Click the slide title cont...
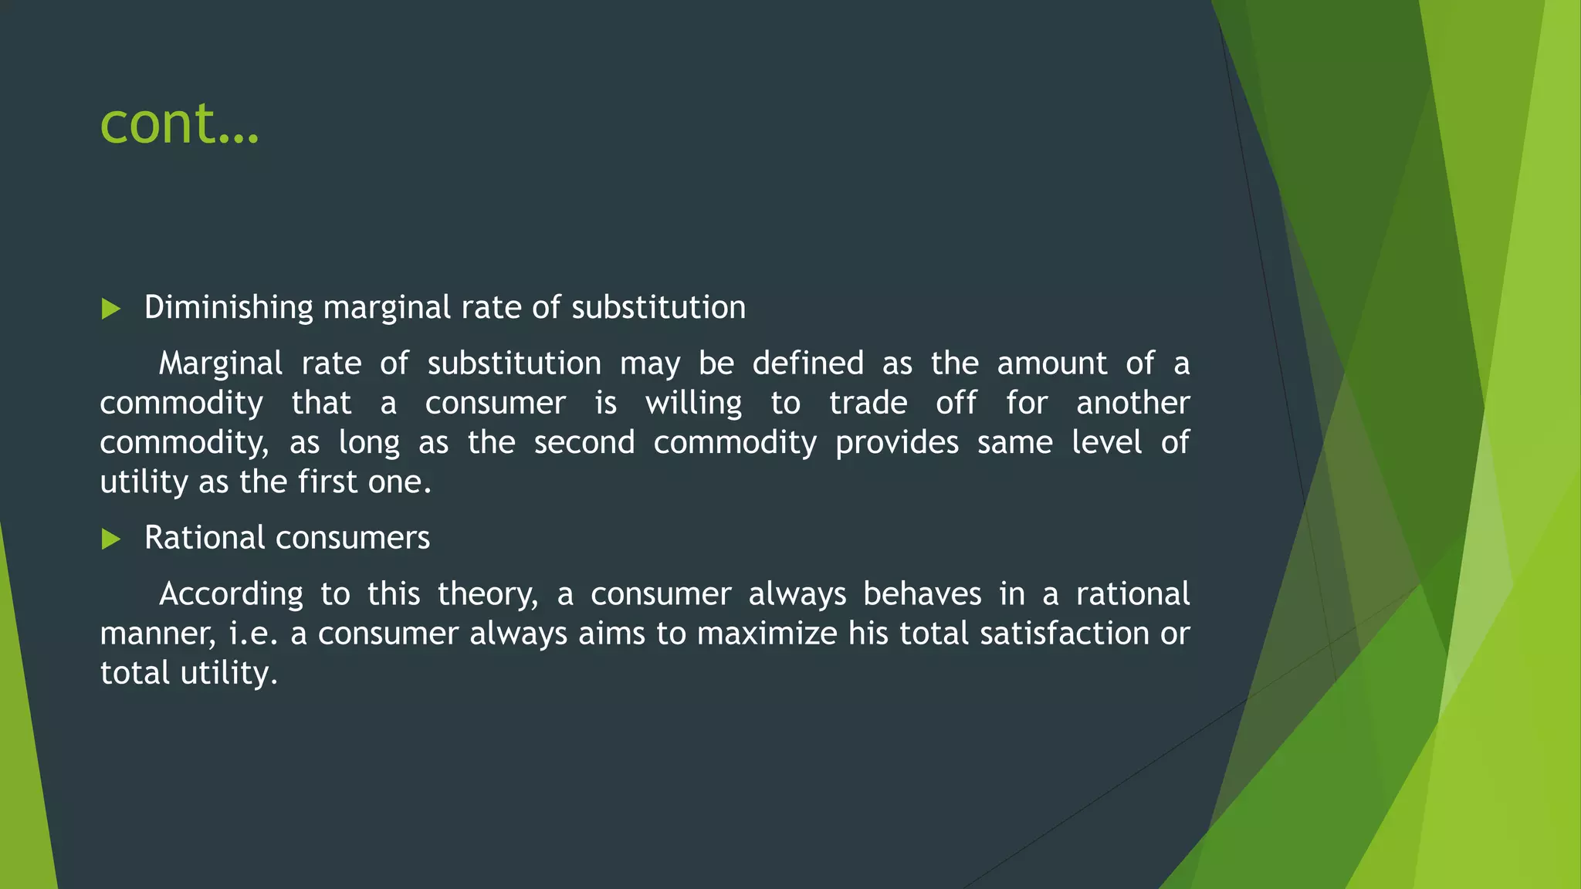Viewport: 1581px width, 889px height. pos(179,123)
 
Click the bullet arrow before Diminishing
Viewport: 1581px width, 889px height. pos(111,309)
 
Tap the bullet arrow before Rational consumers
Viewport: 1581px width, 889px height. pos(111,539)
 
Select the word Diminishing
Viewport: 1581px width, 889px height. pos(229,307)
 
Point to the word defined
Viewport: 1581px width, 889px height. pos(807,363)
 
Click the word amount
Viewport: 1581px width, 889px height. pos(1052,363)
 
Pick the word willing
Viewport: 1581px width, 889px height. pos(693,404)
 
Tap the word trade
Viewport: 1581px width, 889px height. pos(868,403)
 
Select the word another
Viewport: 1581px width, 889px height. pos(1132,403)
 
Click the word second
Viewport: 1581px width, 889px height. pos(584,443)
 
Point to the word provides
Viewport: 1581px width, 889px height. pos(897,443)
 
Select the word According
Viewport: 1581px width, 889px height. pos(231,594)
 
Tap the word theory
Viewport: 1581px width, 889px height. pos(487,594)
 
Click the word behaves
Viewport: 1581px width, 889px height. pos(922,594)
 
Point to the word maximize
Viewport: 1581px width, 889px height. pos(767,634)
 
